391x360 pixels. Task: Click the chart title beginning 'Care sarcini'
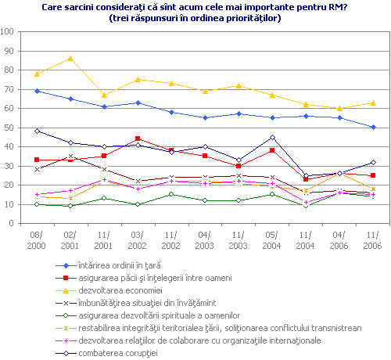pos(195,7)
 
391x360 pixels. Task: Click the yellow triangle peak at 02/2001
pos(70,59)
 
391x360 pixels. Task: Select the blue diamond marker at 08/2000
pos(37,91)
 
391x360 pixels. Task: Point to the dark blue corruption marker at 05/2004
pos(272,137)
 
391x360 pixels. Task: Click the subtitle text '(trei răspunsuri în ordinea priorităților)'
pos(195,18)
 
